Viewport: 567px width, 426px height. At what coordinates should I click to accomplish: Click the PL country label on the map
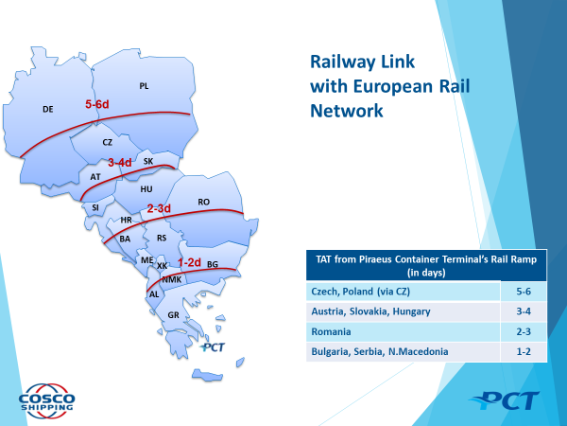[x=144, y=86]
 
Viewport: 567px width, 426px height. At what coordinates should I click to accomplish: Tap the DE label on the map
[x=48, y=109]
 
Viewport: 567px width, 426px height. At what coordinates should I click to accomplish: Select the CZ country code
[x=108, y=142]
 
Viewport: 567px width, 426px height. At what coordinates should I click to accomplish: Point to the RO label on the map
[x=203, y=202]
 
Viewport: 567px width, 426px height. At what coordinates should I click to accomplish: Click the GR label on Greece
[x=173, y=315]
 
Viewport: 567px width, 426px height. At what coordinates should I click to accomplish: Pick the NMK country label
[x=172, y=279]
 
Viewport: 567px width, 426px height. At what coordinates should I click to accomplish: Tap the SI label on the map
[x=95, y=207]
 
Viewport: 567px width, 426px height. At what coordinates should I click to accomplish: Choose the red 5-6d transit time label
[x=97, y=104]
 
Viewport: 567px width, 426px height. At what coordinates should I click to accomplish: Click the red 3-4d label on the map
[x=120, y=162]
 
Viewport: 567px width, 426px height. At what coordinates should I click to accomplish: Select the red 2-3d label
[x=159, y=208]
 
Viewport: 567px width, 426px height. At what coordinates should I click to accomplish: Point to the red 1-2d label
[x=189, y=262]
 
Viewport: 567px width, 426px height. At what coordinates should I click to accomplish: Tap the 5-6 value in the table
[x=524, y=292]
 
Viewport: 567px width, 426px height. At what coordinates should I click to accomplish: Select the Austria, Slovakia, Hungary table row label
[x=370, y=311]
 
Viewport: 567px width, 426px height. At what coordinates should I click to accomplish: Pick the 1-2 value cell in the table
[x=524, y=352]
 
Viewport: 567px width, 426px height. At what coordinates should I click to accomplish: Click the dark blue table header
[x=426, y=265]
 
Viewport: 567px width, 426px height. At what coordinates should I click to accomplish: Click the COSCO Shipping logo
[x=46, y=401]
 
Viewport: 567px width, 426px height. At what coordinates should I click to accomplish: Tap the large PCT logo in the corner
[x=505, y=400]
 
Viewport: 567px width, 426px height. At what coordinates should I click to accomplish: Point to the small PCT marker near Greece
[x=213, y=347]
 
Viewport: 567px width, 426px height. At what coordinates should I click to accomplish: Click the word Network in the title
[x=347, y=111]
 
